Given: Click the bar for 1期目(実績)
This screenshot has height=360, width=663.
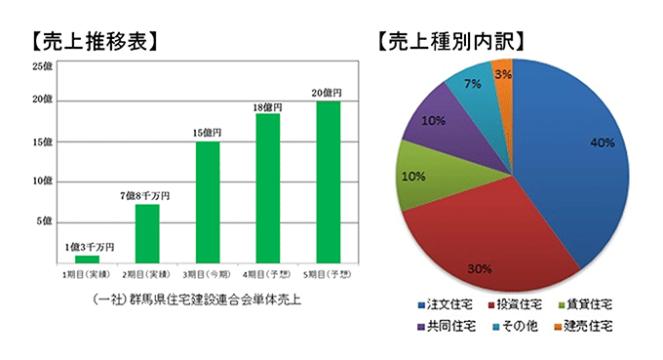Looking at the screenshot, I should coord(87,260).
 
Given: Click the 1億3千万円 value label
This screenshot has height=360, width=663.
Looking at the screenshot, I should coord(89,246).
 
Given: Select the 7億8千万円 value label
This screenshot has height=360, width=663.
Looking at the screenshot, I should coord(146,195).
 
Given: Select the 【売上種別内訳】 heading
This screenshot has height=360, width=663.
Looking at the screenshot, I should coord(453,42).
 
